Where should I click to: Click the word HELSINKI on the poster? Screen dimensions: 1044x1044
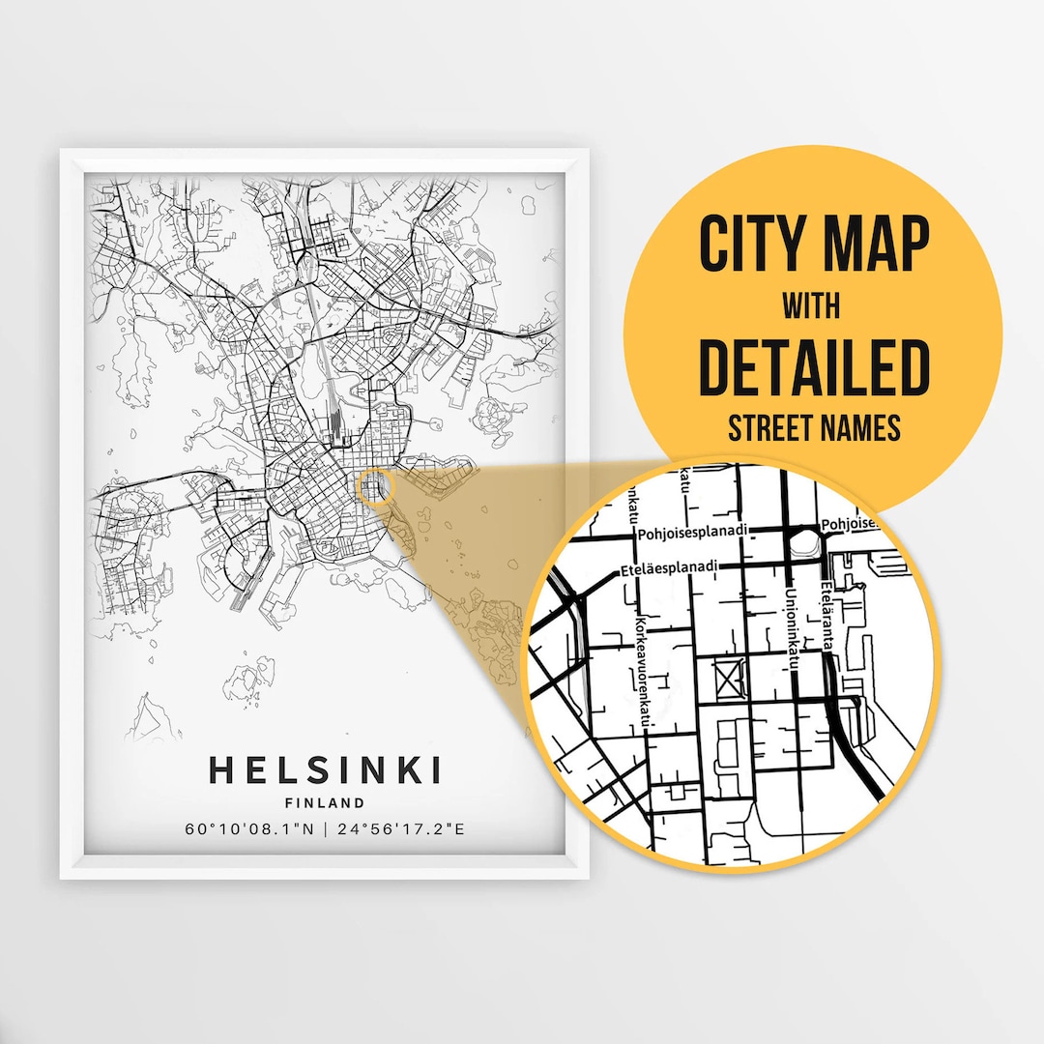click(325, 770)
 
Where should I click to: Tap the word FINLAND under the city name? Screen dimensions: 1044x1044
click(325, 802)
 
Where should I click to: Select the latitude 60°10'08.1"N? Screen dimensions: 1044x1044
click(250, 829)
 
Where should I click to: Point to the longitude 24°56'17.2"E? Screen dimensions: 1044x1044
click(397, 829)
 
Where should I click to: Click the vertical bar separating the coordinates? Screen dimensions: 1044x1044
click(325, 829)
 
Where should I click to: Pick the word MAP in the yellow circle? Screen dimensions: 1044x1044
click(875, 246)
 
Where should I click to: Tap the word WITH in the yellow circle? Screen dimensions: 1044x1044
click(811, 306)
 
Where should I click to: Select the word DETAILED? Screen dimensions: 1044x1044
click(813, 367)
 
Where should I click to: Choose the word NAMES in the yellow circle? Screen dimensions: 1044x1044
click(863, 428)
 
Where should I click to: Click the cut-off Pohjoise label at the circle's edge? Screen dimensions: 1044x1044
click(848, 524)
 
